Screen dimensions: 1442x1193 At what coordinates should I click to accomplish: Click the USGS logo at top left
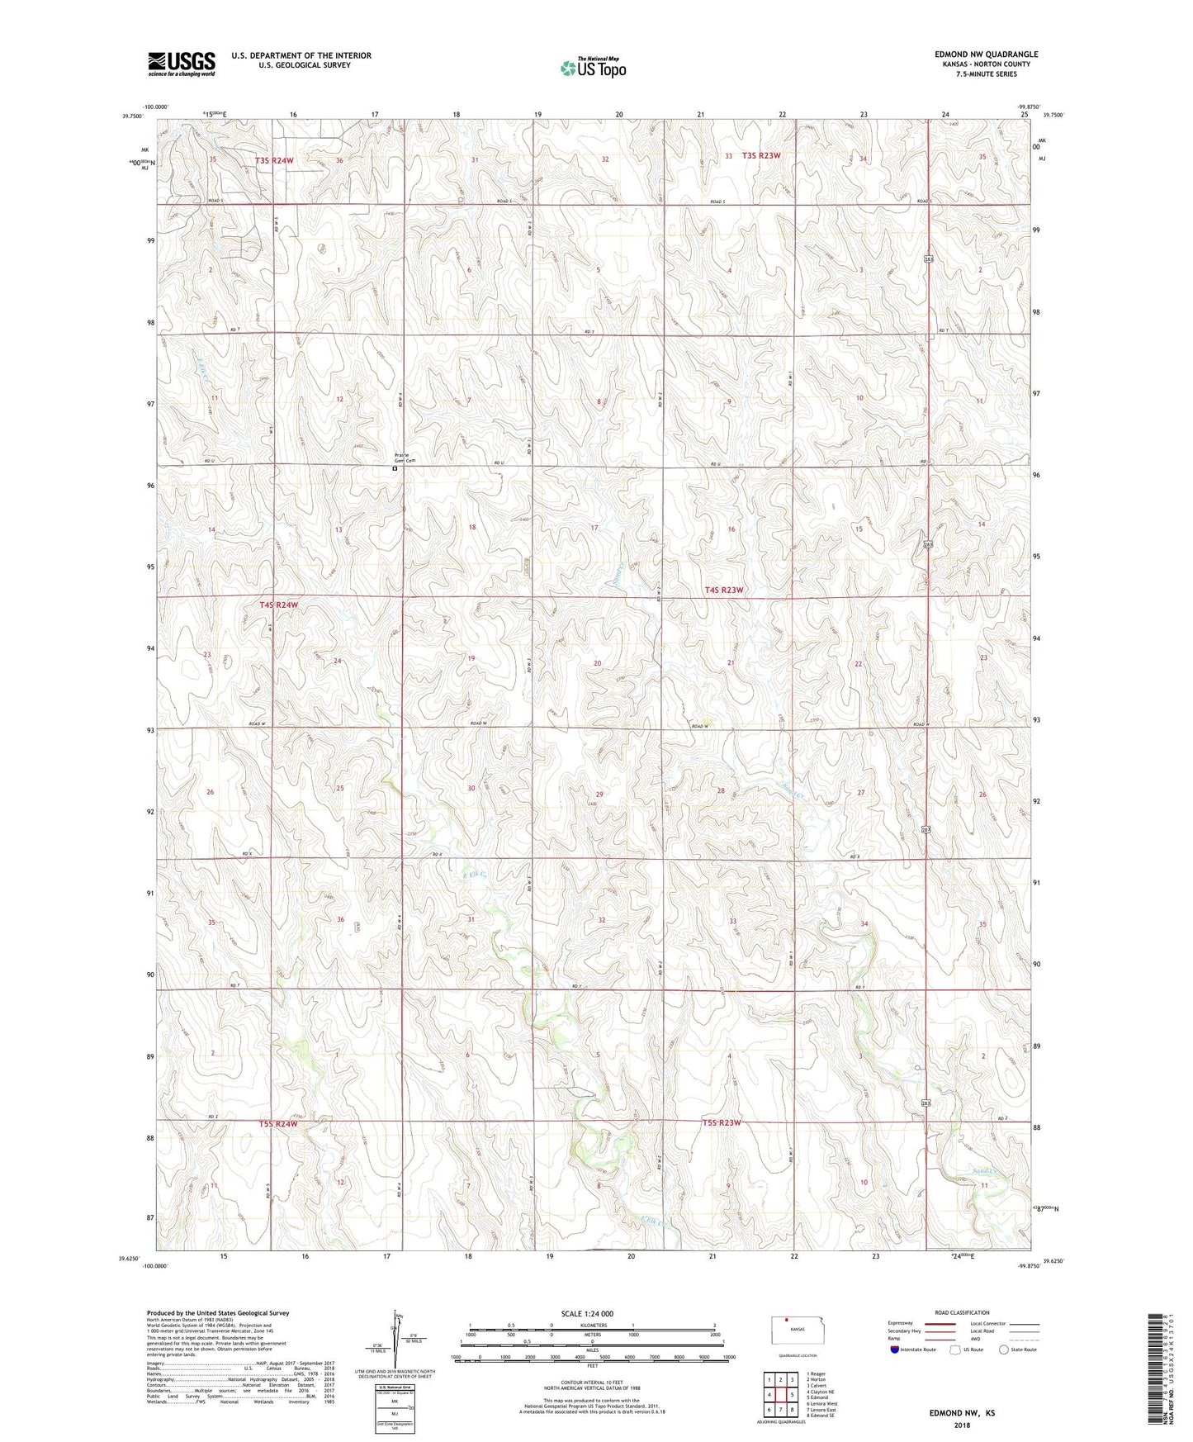click(x=182, y=64)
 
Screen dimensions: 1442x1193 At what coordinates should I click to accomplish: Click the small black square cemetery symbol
click(x=395, y=468)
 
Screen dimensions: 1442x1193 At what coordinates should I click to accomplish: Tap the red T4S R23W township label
click(x=724, y=590)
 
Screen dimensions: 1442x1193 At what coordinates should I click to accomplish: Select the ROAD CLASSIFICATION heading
click(x=962, y=1312)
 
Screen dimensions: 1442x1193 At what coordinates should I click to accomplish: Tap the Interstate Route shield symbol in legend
click(x=896, y=1350)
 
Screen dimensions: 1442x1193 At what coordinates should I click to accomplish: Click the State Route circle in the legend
click(x=1004, y=1350)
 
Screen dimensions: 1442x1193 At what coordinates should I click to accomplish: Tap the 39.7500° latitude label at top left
click(x=132, y=116)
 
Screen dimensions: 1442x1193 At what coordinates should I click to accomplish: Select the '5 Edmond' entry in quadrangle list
click(x=817, y=1397)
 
